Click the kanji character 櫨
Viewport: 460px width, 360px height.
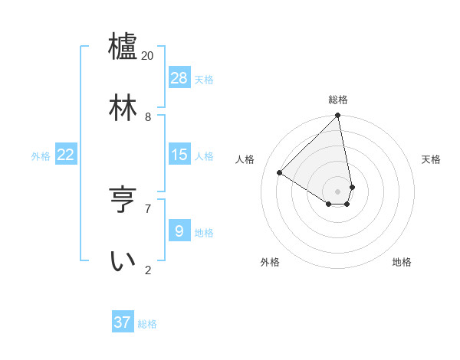pos(123,46)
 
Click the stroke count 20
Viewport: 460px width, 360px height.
pos(148,56)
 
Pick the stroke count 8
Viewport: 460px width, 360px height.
pos(148,117)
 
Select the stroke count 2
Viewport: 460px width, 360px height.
pos(148,270)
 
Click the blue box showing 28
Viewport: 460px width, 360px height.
pos(179,77)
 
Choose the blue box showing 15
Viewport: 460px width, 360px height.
pos(179,155)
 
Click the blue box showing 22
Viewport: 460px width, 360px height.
pos(66,155)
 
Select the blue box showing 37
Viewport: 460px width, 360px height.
pos(123,322)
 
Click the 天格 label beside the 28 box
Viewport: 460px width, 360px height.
pos(204,79)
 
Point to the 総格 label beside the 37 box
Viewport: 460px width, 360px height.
pos(147,324)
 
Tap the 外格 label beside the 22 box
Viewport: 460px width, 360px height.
pos(41,156)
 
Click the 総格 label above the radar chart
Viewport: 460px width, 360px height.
pos(338,100)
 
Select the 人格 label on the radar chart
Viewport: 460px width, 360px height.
pos(245,159)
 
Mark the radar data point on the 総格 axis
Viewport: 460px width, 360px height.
pos(338,116)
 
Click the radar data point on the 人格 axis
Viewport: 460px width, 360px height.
pos(280,173)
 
